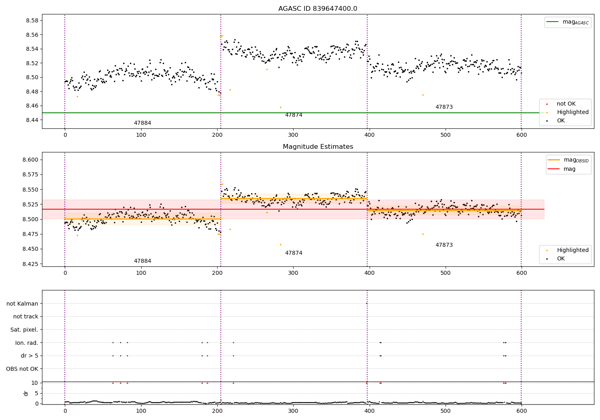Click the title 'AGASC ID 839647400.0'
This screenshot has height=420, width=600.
[x=318, y=9]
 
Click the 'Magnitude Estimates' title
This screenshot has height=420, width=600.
[x=318, y=147]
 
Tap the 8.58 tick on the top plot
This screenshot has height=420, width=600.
[x=32, y=21]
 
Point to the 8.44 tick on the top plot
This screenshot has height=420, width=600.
[x=32, y=120]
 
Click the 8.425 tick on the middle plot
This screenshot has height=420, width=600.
[x=30, y=264]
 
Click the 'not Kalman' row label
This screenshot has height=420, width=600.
[x=22, y=304]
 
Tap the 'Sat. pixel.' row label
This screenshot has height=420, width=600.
[x=24, y=330]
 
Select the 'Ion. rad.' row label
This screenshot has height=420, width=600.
[x=27, y=343]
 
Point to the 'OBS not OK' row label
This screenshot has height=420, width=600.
[x=22, y=369]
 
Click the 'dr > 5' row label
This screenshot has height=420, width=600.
[x=30, y=356]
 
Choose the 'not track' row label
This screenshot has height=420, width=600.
[x=26, y=317]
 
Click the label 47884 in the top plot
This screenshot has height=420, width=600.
[x=142, y=123]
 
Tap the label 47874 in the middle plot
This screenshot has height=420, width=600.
[x=294, y=253]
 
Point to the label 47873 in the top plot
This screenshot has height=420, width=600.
[x=444, y=107]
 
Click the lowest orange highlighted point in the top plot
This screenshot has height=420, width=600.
[x=280, y=107]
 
